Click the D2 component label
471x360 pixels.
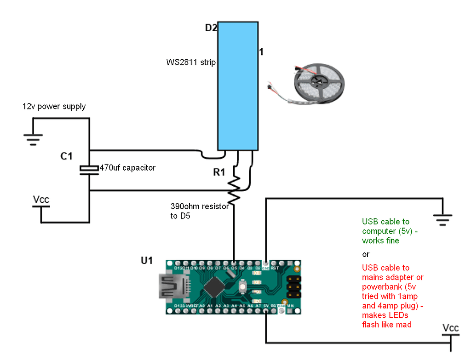click(211, 28)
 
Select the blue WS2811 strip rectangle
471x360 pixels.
click(237, 86)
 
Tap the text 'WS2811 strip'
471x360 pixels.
click(191, 62)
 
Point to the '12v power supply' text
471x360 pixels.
click(54, 107)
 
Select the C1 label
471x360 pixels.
click(67, 156)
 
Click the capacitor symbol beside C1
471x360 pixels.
click(89, 169)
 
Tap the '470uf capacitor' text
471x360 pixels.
click(127, 168)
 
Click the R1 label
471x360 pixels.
click(219, 173)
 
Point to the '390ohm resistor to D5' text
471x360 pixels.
click(199, 211)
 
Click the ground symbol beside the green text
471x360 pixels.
click(442, 220)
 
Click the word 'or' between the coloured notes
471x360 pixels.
click(366, 254)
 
